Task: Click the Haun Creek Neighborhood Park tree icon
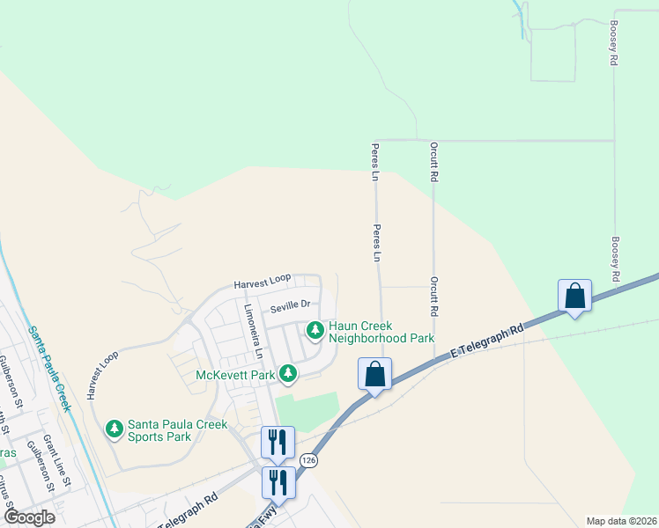click(x=315, y=331)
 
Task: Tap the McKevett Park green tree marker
click(x=287, y=374)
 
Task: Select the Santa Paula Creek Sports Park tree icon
click(x=114, y=429)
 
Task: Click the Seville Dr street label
click(x=291, y=305)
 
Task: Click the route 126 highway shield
click(x=307, y=460)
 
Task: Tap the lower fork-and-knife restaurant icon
click(x=278, y=481)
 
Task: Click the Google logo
click(x=28, y=517)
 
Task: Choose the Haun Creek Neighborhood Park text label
click(x=381, y=331)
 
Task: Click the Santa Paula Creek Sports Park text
click(x=171, y=429)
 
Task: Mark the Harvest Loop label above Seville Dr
click(x=262, y=282)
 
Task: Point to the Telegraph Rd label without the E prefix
click(x=190, y=502)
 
